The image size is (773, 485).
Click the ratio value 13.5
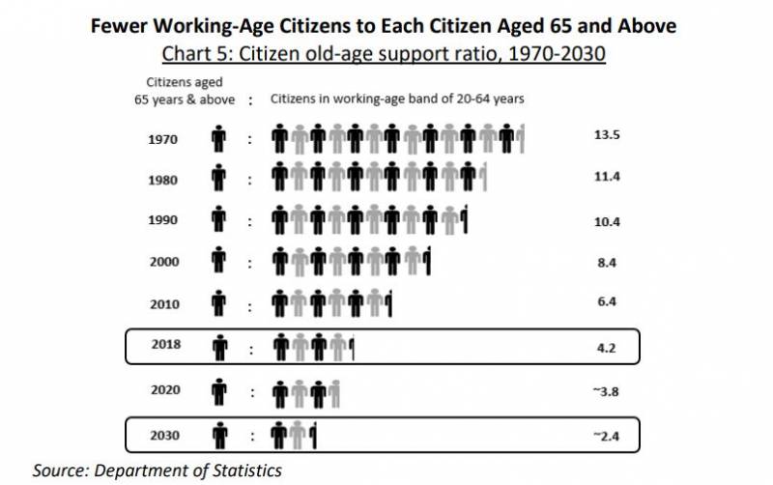606,135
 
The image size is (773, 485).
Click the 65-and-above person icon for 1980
219,179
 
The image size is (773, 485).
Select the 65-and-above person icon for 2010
219,302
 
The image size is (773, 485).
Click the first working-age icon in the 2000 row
280,262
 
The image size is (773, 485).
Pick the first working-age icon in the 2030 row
280,436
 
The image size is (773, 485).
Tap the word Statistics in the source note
247,471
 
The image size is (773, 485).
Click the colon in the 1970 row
249,139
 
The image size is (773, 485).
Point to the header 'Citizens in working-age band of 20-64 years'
396,99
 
